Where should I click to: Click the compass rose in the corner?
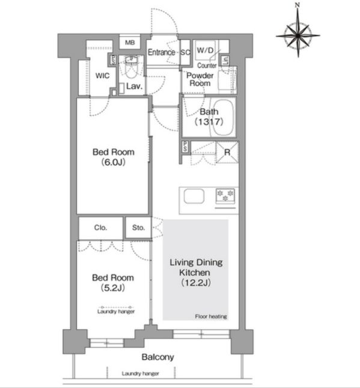click(x=298, y=35)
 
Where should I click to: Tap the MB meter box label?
click(x=130, y=43)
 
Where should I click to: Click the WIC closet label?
click(x=103, y=76)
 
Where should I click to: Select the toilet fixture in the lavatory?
click(x=130, y=67)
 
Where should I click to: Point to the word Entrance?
click(x=162, y=52)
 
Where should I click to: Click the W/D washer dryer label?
click(x=205, y=50)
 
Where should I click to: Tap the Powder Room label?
click(x=200, y=79)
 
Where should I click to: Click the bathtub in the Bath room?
click(x=222, y=117)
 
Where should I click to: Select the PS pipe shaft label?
click(x=185, y=147)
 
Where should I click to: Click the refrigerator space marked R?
click(x=227, y=152)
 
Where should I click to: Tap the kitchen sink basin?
click(x=194, y=196)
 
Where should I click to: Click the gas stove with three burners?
click(x=225, y=196)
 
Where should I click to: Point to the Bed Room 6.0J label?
click(x=114, y=157)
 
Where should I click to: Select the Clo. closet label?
click(x=100, y=228)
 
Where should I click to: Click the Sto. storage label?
click(x=138, y=228)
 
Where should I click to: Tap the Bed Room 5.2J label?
click(x=113, y=282)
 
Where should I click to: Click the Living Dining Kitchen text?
click(x=196, y=267)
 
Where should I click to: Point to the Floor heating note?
click(x=211, y=317)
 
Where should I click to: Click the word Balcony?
click(x=157, y=357)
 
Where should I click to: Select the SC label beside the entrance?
click(x=185, y=52)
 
